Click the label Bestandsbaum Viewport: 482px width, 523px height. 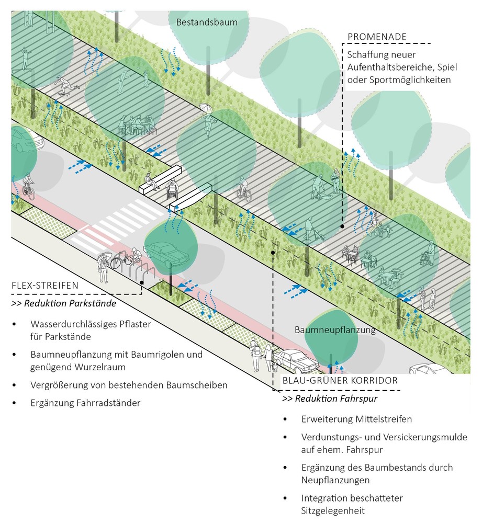pos(207,22)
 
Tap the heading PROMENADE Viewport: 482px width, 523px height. pos(377,37)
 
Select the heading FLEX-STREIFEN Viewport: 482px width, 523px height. pos(45,286)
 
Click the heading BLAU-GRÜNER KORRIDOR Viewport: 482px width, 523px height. pos(340,381)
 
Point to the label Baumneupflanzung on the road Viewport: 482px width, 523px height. pos(335,330)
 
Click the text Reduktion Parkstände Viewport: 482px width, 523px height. pos(70,303)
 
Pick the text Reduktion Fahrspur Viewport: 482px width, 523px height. pos(336,399)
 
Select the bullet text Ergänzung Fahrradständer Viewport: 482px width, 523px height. pos(85,403)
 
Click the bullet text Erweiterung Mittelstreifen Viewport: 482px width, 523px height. pos(356,419)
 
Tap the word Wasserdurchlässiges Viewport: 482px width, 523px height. pos(72,324)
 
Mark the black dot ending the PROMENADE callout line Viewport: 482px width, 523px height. pos(342,226)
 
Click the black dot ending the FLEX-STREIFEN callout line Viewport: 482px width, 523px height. pos(142,282)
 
